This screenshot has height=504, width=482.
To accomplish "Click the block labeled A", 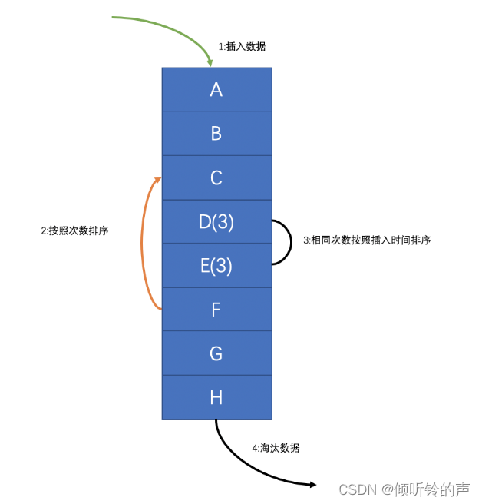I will click(216, 89).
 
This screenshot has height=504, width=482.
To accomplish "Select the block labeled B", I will click(216, 133).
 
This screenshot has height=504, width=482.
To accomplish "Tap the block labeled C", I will click(216, 177).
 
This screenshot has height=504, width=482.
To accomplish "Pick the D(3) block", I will click(216, 222).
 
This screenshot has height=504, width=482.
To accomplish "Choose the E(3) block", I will click(216, 266).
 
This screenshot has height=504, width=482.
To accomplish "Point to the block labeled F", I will click(216, 310).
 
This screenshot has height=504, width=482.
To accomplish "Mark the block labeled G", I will click(216, 353).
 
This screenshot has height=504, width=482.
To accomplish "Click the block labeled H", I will click(216, 397).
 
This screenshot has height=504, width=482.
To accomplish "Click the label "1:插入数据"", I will click(242, 47).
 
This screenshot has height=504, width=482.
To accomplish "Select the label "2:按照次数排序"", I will click(74, 230).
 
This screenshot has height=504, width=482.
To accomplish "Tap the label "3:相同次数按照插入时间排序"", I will click(367, 240).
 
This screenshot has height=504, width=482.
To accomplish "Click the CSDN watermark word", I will click(355, 489).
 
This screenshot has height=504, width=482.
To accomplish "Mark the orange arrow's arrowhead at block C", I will click(158, 181).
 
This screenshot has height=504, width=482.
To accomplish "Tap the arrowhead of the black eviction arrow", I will click(312, 484).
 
